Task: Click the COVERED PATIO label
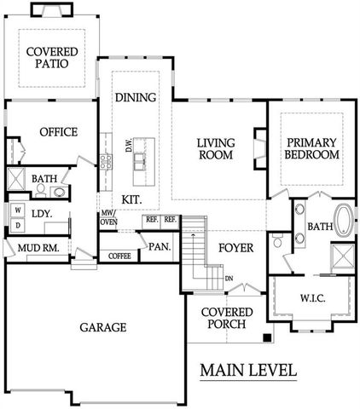tap(52, 57)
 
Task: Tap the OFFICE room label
tap(57, 132)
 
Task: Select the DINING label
tap(136, 97)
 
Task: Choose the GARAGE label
tap(103, 327)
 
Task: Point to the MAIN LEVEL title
tap(248, 371)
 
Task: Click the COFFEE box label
tap(119, 255)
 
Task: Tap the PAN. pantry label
tap(160, 247)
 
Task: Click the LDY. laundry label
tap(43, 215)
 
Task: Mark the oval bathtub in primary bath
tap(343, 221)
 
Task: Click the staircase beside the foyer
tap(196, 251)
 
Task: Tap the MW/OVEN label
tap(108, 217)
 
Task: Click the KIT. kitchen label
tap(131, 199)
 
